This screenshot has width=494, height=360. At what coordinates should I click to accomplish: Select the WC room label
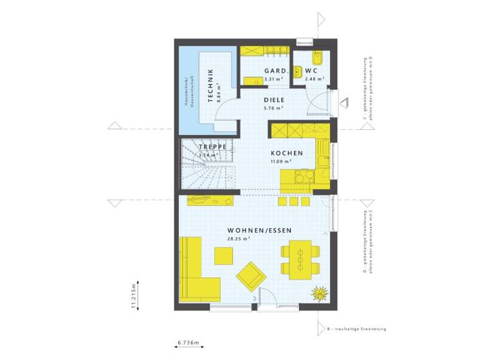(311, 71)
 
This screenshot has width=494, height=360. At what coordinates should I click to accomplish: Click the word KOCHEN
(286, 153)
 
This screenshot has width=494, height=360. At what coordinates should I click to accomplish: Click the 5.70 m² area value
(273, 109)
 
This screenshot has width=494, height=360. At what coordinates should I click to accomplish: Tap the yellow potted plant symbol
(319, 294)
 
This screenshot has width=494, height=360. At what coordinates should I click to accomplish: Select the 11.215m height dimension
(134, 296)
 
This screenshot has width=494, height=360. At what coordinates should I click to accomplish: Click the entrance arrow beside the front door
(343, 103)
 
